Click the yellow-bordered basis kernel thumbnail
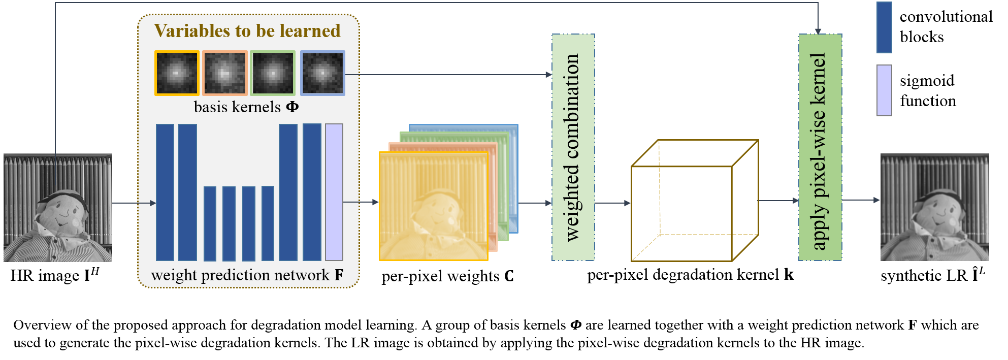coord(177,73)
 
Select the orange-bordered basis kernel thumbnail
coord(225,73)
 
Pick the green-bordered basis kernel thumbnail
coord(273,73)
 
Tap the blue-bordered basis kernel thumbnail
coord(322,73)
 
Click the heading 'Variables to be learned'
coord(247,31)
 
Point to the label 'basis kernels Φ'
coord(246,107)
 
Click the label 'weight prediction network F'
coord(247,275)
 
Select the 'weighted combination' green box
coord(573,147)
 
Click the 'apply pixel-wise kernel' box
coord(820,147)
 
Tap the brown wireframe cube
coord(694,201)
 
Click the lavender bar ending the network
coord(334,192)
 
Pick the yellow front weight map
coord(434,206)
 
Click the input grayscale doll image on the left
coord(58,208)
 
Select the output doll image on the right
coord(934,207)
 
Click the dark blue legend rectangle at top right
coord(884,27)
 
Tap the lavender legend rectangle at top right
coord(884,90)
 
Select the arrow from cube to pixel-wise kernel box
coord(778,201)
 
